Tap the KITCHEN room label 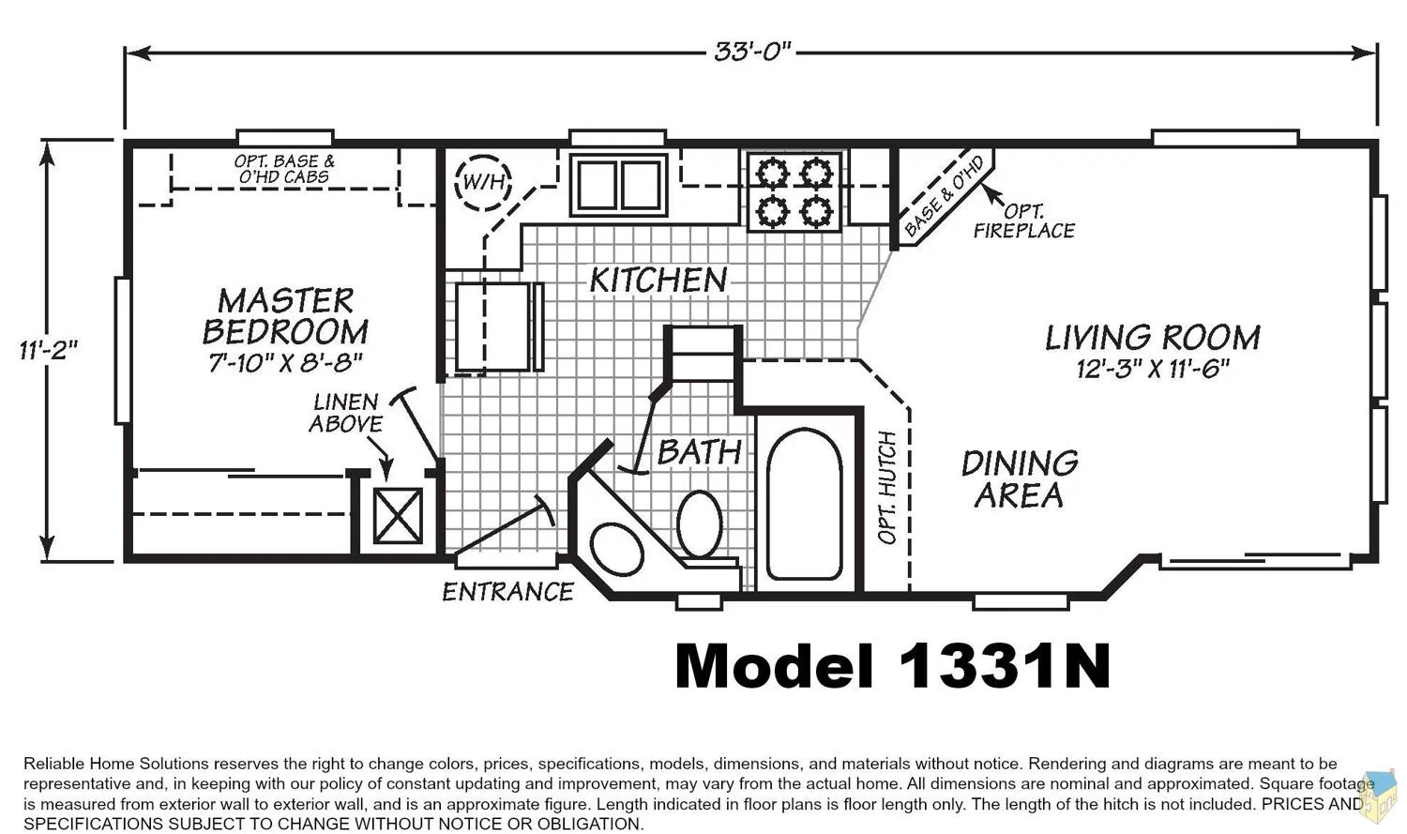(658, 281)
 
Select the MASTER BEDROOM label (286, 316)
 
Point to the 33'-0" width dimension (752, 52)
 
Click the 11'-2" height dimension (49, 350)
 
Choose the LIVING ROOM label (1153, 338)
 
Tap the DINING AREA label (1020, 479)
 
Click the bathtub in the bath (804, 504)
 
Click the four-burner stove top (794, 191)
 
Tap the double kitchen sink (619, 185)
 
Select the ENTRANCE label (507, 592)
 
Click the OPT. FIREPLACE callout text (1024, 221)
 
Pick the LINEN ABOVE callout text (345, 413)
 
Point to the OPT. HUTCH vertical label (887, 487)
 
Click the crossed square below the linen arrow (398, 516)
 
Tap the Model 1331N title (893, 666)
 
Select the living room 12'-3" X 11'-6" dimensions (1153, 369)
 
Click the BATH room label (699, 452)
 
